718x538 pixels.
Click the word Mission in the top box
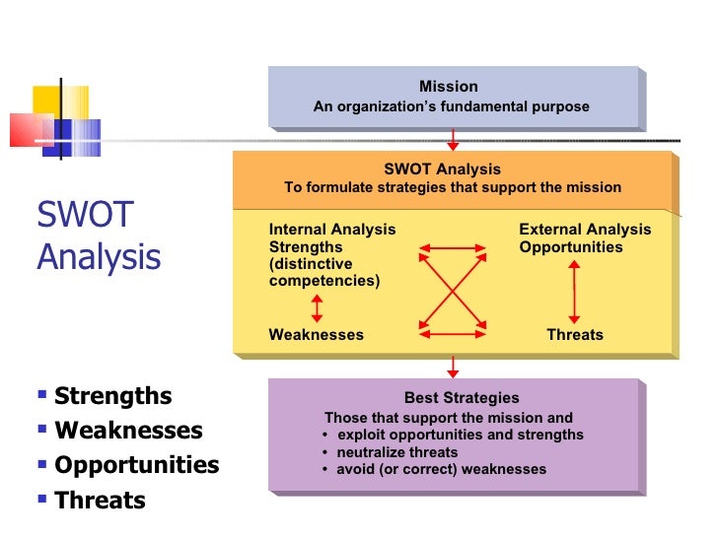coord(448,87)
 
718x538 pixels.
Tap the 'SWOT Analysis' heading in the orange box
coord(442,168)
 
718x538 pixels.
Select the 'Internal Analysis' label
coord(331,230)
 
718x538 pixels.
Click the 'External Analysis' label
coord(585,230)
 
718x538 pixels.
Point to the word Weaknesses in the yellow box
coord(316,335)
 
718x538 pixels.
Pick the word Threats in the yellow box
coord(575,335)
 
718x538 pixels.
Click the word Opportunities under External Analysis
coord(570,247)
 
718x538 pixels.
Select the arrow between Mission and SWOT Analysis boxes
coord(453,139)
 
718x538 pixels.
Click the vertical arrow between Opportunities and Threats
coord(575,291)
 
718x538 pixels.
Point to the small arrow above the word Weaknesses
coord(317,308)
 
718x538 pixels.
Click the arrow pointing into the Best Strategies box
coord(453,367)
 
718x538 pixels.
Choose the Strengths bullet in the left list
coord(112,396)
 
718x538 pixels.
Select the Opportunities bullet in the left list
coord(136,465)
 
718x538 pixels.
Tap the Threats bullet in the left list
coord(100,500)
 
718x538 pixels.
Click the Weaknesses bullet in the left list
coord(128,431)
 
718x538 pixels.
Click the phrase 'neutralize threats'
coord(392,452)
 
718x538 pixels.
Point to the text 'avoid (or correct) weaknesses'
coord(441,469)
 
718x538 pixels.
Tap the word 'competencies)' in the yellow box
coord(323,281)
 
